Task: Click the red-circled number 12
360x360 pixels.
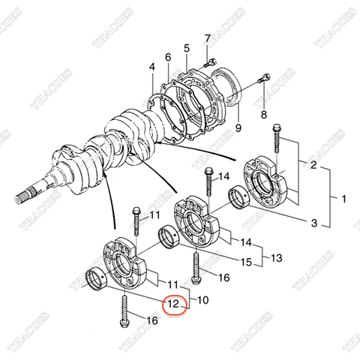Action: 174,305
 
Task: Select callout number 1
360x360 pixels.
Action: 344,199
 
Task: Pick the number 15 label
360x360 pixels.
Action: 245,262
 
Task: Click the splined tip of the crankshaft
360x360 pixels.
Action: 22,200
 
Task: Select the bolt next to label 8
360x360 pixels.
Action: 263,77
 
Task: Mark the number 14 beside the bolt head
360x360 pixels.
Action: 225,177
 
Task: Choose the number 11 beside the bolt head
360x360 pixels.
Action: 154,216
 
